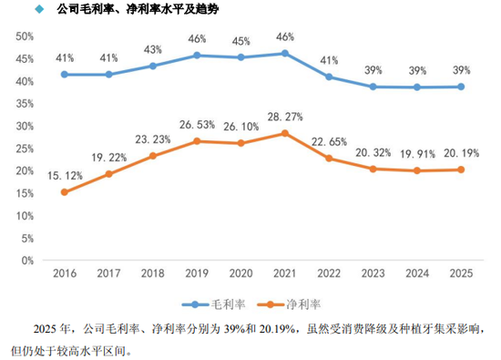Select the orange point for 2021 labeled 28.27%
tap(285, 133)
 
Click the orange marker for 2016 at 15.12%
tap(64, 192)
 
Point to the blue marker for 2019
tap(197, 55)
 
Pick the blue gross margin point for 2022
tap(329, 77)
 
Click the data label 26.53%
tap(197, 125)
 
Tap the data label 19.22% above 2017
tap(108, 157)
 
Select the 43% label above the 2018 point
tap(153, 49)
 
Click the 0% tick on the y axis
tap(26, 260)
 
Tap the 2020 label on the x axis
tap(240, 273)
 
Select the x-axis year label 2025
tap(461, 273)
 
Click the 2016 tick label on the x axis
tap(64, 273)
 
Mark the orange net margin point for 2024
tap(417, 170)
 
